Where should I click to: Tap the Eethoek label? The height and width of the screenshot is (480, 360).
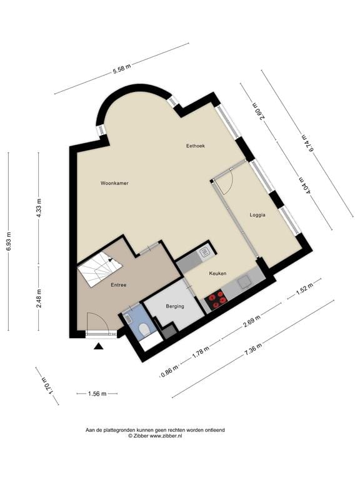[196, 146]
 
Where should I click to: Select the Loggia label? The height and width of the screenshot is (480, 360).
[257, 214]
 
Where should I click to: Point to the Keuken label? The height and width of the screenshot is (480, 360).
[218, 273]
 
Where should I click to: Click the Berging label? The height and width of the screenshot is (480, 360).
[175, 306]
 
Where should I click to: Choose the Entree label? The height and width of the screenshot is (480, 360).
[119, 285]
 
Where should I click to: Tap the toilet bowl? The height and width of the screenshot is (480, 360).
[143, 329]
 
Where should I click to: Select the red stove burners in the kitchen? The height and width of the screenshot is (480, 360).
[217, 300]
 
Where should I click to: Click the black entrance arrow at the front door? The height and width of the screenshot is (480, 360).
[98, 346]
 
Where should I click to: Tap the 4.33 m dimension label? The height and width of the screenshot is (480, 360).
[39, 207]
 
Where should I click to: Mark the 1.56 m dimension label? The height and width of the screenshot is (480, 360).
[96, 394]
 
